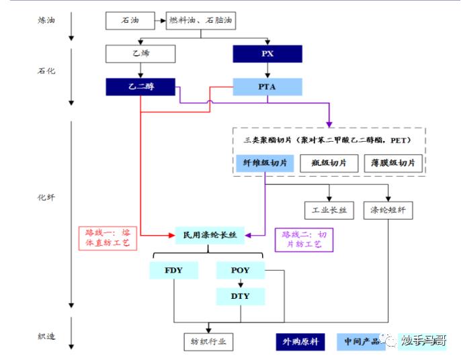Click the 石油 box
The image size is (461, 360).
pyautogui.click(x=130, y=21)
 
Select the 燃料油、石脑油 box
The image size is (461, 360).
pyautogui.click(x=200, y=21)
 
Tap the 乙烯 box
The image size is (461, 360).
pyautogui.click(x=140, y=53)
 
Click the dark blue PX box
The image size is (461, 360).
pyautogui.click(x=267, y=53)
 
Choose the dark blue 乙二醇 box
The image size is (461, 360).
pyautogui.click(x=140, y=87)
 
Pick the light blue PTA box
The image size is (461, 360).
pyautogui.click(x=267, y=87)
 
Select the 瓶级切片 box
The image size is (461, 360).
pyautogui.click(x=329, y=162)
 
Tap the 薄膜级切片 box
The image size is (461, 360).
pyautogui.click(x=392, y=162)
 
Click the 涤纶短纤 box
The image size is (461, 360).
pyautogui.click(x=388, y=210)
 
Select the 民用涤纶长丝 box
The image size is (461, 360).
pyautogui.click(x=210, y=235)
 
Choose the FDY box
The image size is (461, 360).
pyautogui.click(x=173, y=270)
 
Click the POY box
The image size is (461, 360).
pyautogui.click(x=240, y=270)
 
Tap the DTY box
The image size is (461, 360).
pyautogui.click(x=240, y=296)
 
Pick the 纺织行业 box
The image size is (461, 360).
pyautogui.click(x=208, y=341)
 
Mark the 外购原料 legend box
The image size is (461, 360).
pyautogui.click(x=300, y=341)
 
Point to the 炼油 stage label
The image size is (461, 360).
pyautogui.click(x=46, y=20)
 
